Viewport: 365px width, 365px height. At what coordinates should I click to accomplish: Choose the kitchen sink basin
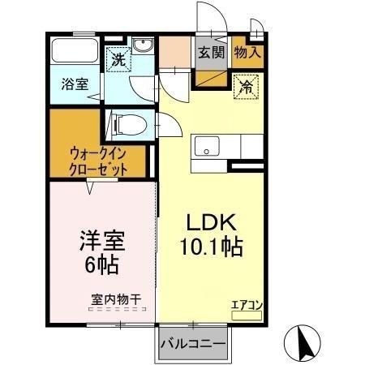point(207,148)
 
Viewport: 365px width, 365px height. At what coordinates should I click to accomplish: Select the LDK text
point(212,222)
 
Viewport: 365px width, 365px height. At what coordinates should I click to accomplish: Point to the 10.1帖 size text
point(212,247)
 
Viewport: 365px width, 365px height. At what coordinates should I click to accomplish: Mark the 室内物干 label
point(114,299)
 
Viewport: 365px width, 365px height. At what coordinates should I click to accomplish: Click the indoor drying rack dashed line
point(114,309)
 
